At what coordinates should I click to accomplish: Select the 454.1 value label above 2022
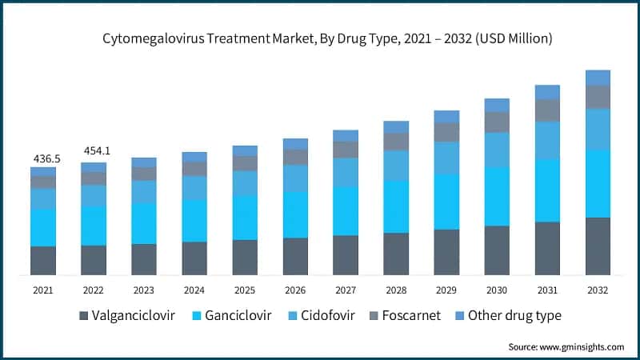tap(94, 151)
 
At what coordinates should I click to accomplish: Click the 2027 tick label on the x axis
tap(346, 290)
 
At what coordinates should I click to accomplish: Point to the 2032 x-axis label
tap(598, 290)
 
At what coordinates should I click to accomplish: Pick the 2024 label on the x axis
tap(194, 290)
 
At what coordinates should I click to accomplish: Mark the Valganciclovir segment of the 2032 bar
tap(598, 246)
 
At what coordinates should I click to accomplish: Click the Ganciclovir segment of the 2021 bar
tap(43, 228)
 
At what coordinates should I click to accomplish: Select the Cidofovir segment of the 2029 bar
tap(446, 158)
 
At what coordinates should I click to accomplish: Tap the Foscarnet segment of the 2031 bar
tap(547, 110)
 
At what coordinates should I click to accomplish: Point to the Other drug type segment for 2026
tap(295, 144)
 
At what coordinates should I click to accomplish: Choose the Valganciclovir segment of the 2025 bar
tap(245, 258)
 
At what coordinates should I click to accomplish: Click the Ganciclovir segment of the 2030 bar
tap(497, 197)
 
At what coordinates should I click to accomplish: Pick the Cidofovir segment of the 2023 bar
tap(144, 192)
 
